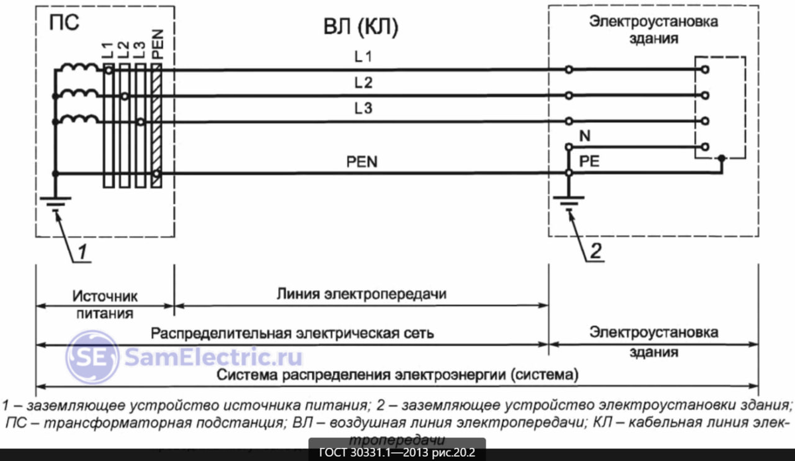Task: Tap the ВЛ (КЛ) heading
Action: click(x=360, y=28)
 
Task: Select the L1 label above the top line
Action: click(x=362, y=58)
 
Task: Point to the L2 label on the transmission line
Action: click(x=362, y=83)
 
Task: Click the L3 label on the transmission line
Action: click(x=362, y=110)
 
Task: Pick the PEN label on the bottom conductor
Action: click(x=361, y=161)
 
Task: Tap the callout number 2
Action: click(x=596, y=252)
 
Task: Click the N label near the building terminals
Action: click(x=585, y=136)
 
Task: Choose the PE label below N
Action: click(x=589, y=161)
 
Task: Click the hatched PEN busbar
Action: click(x=156, y=126)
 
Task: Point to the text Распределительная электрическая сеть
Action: click(x=292, y=333)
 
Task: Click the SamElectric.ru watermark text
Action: click(x=212, y=358)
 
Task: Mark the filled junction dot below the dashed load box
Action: click(x=721, y=159)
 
